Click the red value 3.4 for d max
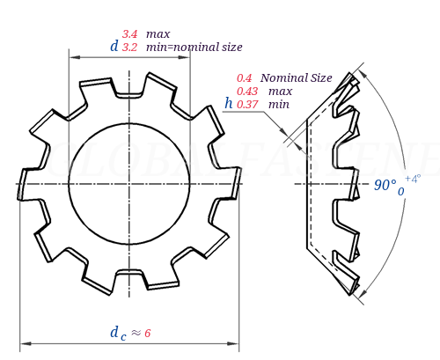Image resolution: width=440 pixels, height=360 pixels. [129, 33]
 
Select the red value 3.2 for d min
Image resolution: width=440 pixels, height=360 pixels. [129, 47]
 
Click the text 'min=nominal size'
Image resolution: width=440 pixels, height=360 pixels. [194, 47]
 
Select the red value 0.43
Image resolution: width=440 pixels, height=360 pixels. [247, 91]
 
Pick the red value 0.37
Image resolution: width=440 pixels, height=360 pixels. [247, 104]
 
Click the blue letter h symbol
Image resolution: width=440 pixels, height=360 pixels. [229, 103]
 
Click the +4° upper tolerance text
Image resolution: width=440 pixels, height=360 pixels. [413, 179]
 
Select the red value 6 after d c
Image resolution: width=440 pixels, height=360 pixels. [148, 333]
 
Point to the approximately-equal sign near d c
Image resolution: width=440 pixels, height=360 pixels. [136, 333]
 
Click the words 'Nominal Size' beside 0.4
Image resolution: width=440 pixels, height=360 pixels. [297, 77]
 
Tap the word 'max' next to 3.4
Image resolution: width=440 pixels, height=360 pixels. [158, 33]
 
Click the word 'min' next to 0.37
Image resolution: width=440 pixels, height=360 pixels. [279, 104]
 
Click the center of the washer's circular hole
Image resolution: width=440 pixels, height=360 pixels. [128, 183]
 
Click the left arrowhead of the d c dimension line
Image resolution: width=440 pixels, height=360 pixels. [23, 342]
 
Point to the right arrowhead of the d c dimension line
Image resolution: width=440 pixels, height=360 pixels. [235, 342]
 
